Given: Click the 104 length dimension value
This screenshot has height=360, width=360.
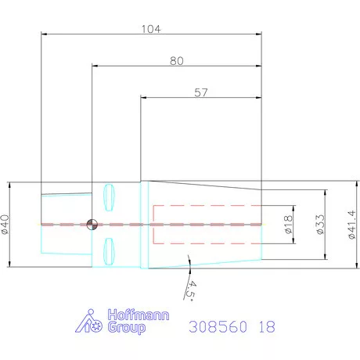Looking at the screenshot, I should [151, 29].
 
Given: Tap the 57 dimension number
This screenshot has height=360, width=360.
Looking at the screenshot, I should [201, 92].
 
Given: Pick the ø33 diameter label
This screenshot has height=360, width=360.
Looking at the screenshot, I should [319, 225].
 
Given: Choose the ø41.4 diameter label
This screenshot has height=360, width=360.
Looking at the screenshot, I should [349, 225].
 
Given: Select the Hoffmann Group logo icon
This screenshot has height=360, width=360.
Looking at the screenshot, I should [90, 322].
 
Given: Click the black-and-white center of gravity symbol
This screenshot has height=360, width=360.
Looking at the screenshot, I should [92, 225].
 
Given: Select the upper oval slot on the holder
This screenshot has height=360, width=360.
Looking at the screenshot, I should [110, 195].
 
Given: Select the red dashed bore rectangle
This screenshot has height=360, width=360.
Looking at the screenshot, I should [207, 225].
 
